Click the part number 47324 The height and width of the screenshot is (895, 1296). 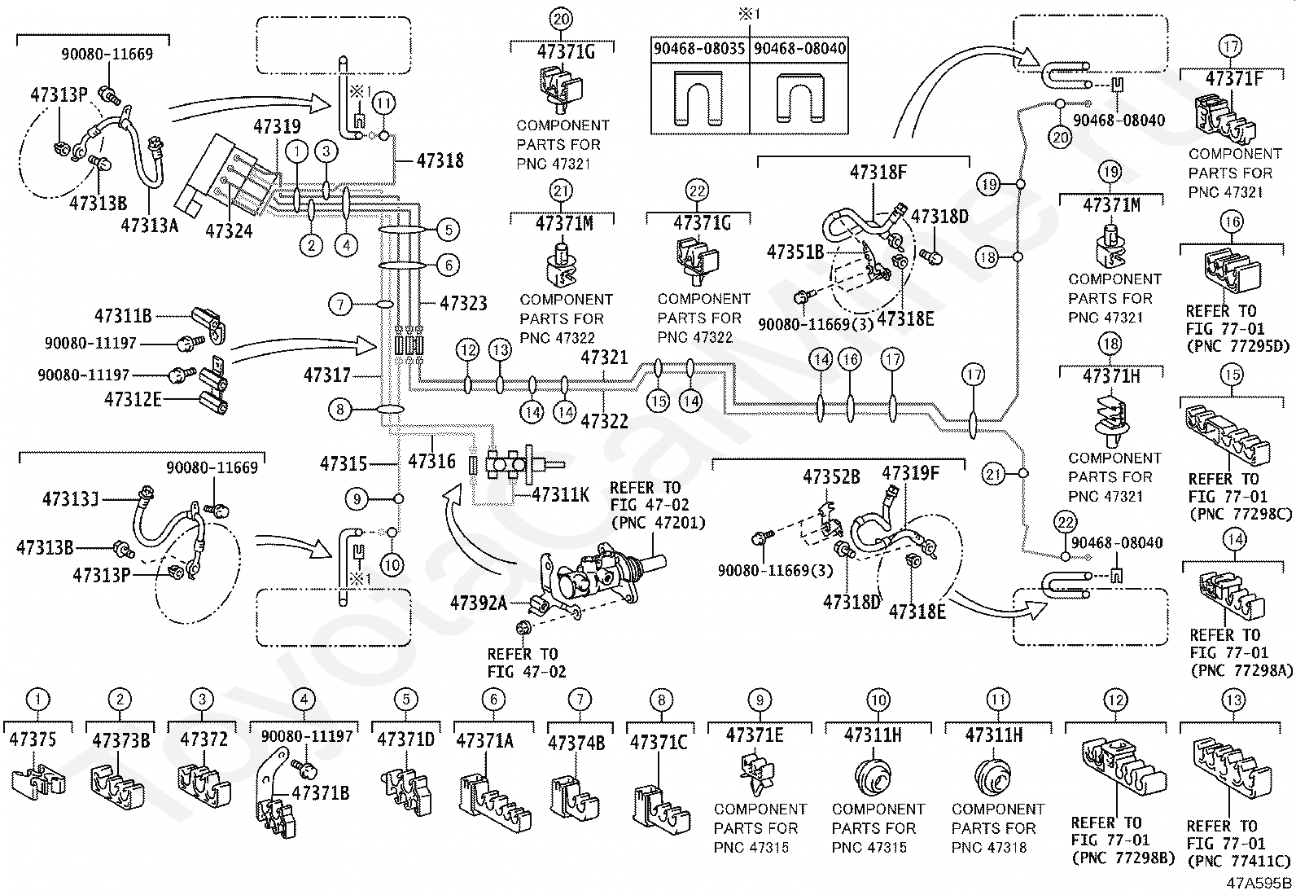(229, 231)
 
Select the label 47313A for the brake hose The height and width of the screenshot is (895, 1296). (149, 226)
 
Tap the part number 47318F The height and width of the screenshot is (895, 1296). (878, 172)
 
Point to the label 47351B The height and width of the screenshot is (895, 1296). (795, 252)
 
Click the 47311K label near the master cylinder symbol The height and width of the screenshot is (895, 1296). (561, 494)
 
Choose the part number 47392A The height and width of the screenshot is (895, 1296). (479, 603)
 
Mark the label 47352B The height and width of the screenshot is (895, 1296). (831, 476)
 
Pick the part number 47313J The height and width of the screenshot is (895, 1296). (71, 498)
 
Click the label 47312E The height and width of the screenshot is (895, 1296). (133, 399)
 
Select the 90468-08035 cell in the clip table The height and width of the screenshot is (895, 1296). (699, 49)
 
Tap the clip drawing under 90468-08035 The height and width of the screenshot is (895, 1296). (699, 98)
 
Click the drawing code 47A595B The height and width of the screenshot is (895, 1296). (1259, 884)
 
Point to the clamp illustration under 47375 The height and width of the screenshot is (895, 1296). (38, 779)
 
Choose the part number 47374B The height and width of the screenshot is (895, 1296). (576, 743)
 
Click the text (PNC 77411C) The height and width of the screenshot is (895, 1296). (1238, 862)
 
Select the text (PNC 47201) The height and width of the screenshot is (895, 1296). (659, 523)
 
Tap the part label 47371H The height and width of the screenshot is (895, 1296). (1111, 376)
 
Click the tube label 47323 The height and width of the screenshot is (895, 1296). (463, 303)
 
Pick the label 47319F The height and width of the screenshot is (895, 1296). (911, 473)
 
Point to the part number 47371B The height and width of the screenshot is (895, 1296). (321, 792)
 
